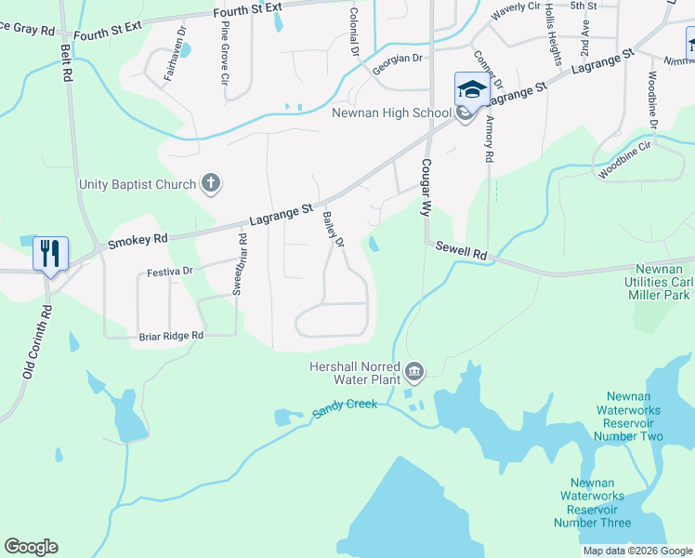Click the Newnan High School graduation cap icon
471,90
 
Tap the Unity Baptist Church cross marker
211,183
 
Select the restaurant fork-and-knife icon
49,253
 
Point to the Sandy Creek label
345,406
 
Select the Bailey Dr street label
333,229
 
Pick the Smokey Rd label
137,240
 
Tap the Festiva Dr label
169,272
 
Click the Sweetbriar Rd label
242,264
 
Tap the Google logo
31,547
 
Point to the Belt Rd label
66,61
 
